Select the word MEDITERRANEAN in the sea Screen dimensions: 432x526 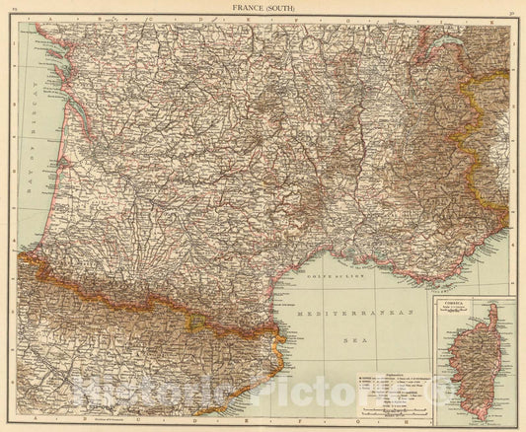pyautogui.click(x=360, y=308)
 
